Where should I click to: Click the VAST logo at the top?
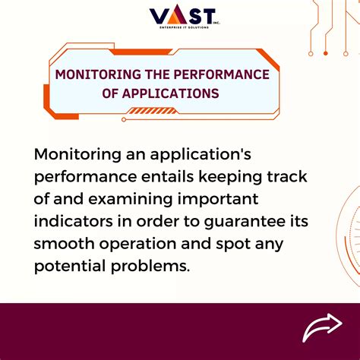[182, 16]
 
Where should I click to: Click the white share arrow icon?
[323, 327]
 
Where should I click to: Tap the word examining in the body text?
[125, 201]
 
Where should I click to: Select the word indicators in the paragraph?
[77, 223]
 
